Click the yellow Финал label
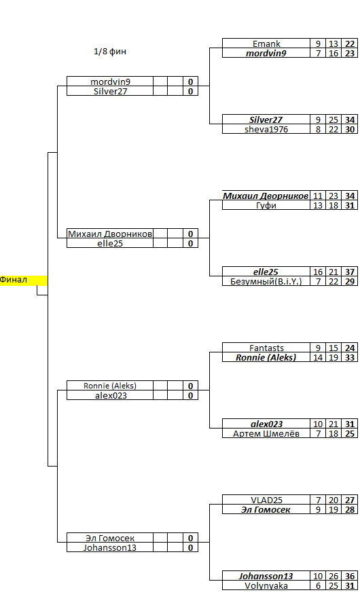pyautogui.click(x=14, y=280)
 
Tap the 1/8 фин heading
pyautogui.click(x=110, y=52)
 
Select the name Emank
pyautogui.click(x=266, y=43)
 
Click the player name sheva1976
pyautogui.click(x=266, y=129)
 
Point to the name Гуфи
pyautogui.click(x=266, y=206)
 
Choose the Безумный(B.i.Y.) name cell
pyautogui.click(x=266, y=281)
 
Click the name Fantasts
pyautogui.click(x=266, y=348)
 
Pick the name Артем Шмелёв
pyautogui.click(x=266, y=433)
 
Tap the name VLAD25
pyautogui.click(x=266, y=500)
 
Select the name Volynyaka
pyautogui.click(x=266, y=585)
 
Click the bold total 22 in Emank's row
pyautogui.click(x=350, y=43)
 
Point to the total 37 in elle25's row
pyautogui.click(x=350, y=272)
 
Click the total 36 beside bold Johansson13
pyautogui.click(x=350, y=576)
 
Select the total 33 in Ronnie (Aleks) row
pyautogui.click(x=350, y=358)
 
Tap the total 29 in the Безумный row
pyautogui.click(x=350, y=281)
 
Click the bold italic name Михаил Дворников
pyautogui.click(x=266, y=196)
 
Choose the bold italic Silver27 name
pyautogui.click(x=266, y=120)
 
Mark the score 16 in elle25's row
pyautogui.click(x=318, y=272)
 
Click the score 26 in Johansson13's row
pyautogui.click(x=334, y=576)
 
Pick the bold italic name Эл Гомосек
pyautogui.click(x=266, y=510)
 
